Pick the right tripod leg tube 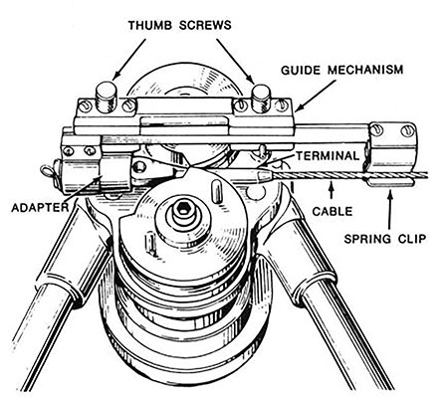[x=388, y=318]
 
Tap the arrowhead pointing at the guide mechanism [x=299, y=108]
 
